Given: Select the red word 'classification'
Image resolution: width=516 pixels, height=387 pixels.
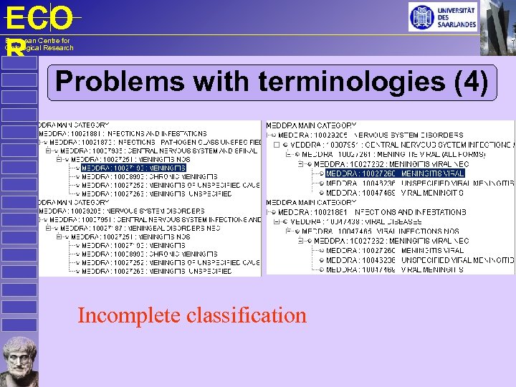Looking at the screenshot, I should point(247,315).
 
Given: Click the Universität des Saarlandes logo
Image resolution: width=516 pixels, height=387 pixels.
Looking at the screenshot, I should point(442,16).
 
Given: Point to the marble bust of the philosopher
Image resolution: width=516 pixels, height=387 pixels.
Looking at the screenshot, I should point(19,360).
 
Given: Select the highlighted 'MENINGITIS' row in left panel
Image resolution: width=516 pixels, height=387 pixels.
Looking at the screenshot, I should point(133,168).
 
